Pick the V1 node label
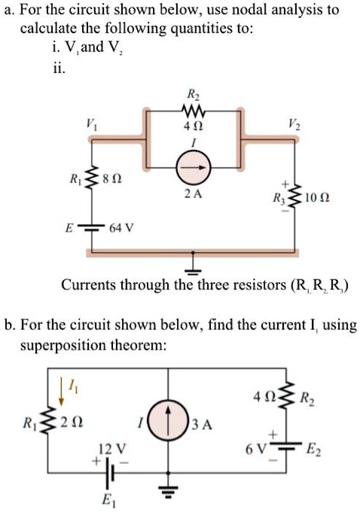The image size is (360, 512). [x=91, y=121]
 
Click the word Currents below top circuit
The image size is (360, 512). [x=90, y=285]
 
